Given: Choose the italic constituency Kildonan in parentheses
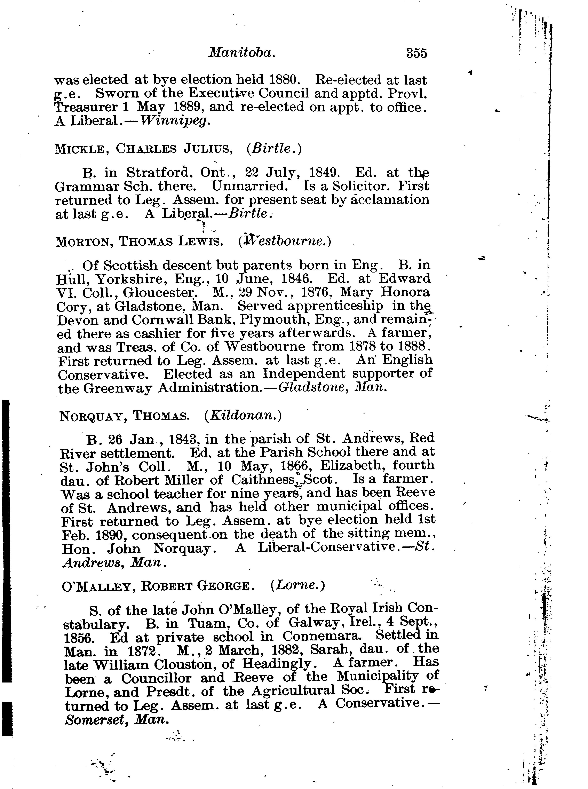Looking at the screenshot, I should [243, 416].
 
